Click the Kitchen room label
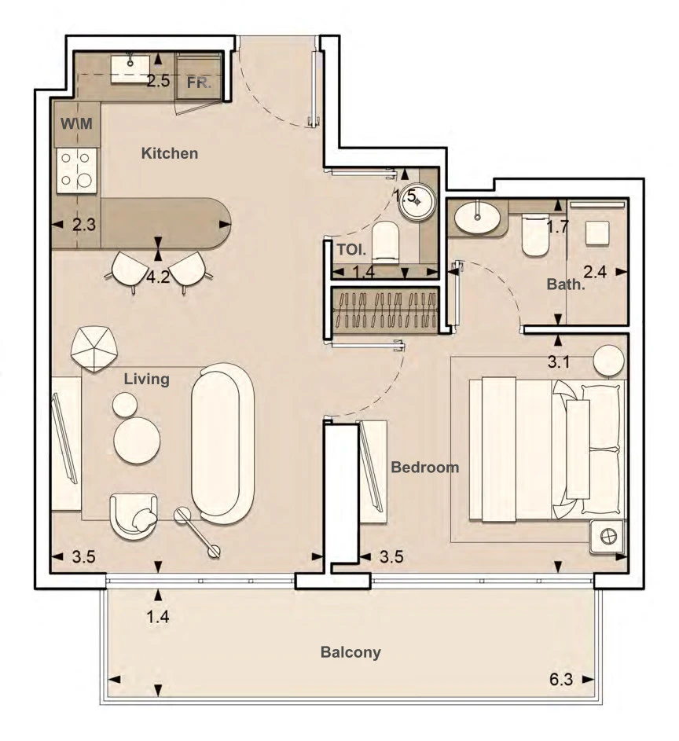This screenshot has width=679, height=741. (170, 153)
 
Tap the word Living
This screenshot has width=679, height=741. (146, 379)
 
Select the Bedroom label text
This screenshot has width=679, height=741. (425, 468)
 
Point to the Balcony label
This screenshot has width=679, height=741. (351, 652)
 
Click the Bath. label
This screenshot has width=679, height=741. (566, 284)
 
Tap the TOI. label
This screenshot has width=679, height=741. (351, 250)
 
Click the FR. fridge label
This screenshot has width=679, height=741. (199, 83)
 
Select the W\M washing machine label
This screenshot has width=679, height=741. (76, 124)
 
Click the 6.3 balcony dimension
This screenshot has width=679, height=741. (561, 680)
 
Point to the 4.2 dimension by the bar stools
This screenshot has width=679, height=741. (158, 277)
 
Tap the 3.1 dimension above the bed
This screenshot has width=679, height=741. (559, 362)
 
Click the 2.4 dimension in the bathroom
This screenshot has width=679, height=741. (595, 272)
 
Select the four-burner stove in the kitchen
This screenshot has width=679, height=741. (77, 171)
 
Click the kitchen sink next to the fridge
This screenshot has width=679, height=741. (130, 69)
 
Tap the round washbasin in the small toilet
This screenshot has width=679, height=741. (416, 201)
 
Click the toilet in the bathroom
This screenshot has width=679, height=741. (535, 235)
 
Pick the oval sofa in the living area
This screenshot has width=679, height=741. (222, 443)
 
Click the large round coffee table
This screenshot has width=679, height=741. (137, 441)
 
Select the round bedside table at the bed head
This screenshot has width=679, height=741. (609, 361)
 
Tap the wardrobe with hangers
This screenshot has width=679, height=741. (384, 310)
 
